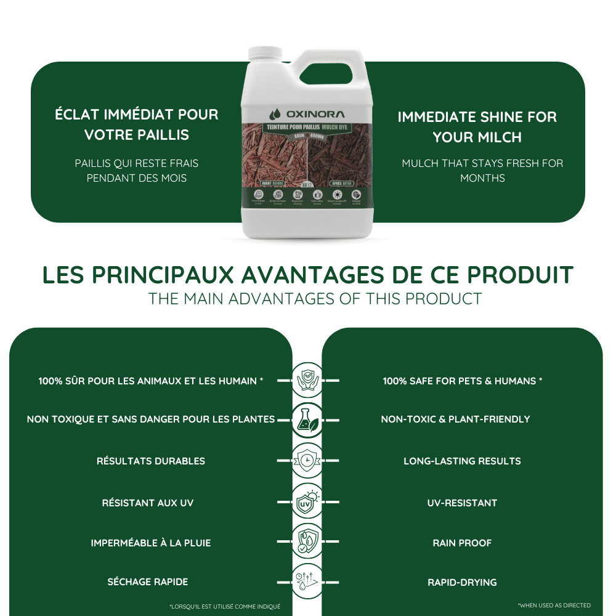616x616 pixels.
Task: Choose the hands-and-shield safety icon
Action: click(307, 380)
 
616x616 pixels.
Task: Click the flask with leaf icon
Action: click(307, 419)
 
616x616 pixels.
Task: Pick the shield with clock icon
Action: click(307, 460)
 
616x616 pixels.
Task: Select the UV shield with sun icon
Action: click(307, 502)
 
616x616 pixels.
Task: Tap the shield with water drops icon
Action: click(307, 542)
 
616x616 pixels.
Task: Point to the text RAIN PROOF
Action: click(462, 543)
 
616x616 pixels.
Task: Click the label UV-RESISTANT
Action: click(462, 503)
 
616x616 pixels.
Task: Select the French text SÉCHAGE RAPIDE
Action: click(148, 582)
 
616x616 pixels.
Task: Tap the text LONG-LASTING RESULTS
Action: click(462, 461)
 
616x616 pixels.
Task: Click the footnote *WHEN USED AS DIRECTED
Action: click(554, 606)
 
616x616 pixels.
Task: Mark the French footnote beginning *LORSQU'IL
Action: click(225, 607)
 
